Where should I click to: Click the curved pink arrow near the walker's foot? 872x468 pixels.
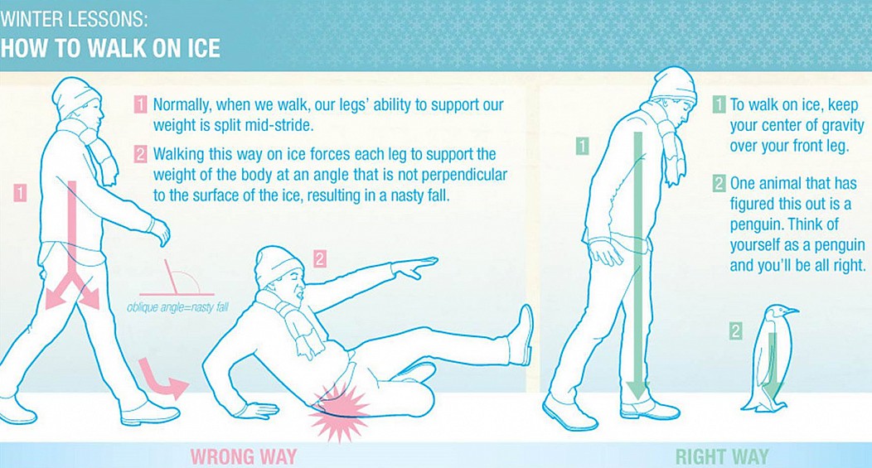162,379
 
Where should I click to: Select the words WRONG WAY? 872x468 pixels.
244,457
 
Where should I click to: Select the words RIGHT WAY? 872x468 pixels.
722,457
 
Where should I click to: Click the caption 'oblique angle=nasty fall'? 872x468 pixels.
177,306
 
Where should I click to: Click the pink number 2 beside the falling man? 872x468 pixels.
319,259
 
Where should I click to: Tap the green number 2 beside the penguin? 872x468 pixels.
735,331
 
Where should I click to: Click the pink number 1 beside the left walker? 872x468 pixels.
21,193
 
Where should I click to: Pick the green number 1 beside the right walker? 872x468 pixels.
582,146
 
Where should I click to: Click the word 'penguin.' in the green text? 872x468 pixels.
756,224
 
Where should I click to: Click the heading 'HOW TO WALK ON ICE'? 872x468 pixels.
110,48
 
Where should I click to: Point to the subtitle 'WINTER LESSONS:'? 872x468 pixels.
74,20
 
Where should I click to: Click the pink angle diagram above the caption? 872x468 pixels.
177,278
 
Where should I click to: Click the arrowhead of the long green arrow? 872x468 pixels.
638,390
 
